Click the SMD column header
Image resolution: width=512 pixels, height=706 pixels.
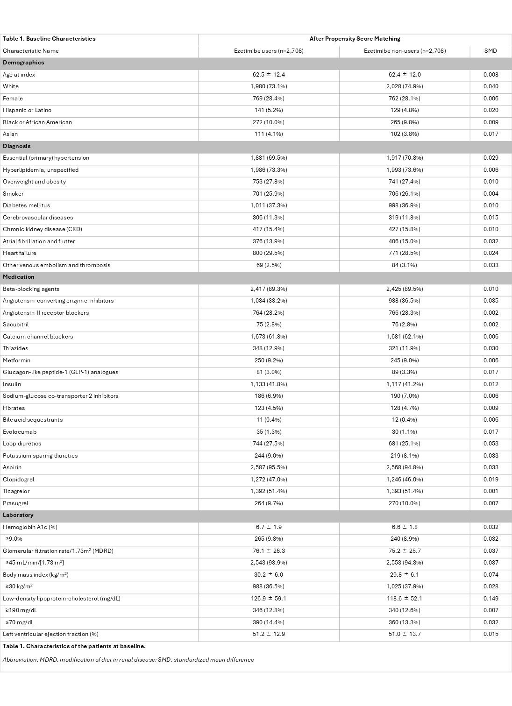[x=491, y=51]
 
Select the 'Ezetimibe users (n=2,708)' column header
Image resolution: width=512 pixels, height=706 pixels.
[x=269, y=51]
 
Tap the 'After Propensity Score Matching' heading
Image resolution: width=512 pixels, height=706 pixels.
[x=355, y=39]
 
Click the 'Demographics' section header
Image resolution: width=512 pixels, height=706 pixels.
[x=23, y=63]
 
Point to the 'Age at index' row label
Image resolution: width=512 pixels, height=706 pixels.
[x=19, y=75]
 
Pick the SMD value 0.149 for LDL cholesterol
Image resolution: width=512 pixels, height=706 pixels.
[x=491, y=599]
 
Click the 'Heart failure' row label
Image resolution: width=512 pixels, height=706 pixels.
[x=20, y=253]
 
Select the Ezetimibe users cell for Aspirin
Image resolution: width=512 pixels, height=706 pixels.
[x=269, y=467]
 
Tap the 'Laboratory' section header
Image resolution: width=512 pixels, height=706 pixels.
[x=18, y=515]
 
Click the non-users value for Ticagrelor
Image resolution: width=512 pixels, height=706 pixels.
[x=405, y=491]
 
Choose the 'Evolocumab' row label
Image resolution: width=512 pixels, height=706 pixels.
[x=20, y=432]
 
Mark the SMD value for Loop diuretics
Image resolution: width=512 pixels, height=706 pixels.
[x=491, y=444]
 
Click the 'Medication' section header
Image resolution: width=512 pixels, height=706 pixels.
[x=19, y=277]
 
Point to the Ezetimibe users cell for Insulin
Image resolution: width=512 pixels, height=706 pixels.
[x=269, y=384]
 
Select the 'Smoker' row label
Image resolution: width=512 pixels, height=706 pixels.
[x=13, y=194]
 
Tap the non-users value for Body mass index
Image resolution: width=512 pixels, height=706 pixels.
[x=405, y=575]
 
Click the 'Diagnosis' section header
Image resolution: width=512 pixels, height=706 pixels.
[x=17, y=146]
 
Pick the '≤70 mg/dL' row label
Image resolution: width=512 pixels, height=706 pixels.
[x=20, y=622]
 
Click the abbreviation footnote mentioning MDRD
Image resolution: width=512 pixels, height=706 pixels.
[x=128, y=660]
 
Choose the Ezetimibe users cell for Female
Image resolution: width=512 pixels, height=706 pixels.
[x=269, y=99]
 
